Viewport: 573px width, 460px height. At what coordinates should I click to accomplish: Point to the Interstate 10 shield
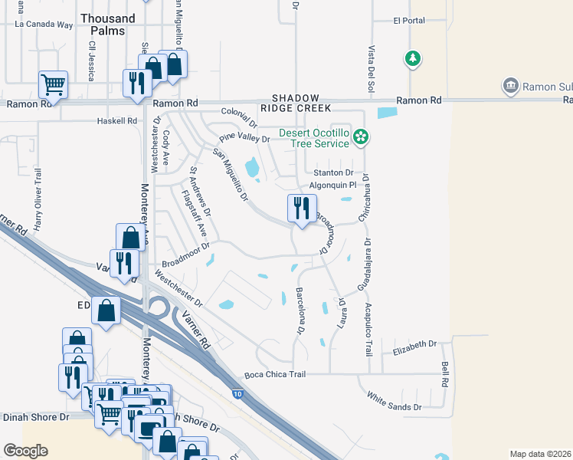[238, 394]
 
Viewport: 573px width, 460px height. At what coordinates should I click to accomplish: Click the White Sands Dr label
[395, 401]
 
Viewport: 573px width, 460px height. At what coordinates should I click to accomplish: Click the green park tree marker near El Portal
[413, 58]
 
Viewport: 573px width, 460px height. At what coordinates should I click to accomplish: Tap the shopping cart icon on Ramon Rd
[53, 84]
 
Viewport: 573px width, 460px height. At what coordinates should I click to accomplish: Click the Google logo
[25, 451]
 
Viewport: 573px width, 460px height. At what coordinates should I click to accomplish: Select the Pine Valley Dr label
[244, 139]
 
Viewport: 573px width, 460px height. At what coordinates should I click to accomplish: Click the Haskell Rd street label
[116, 121]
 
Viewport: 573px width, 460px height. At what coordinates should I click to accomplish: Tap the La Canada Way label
[44, 25]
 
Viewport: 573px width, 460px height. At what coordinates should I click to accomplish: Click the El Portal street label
[408, 21]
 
